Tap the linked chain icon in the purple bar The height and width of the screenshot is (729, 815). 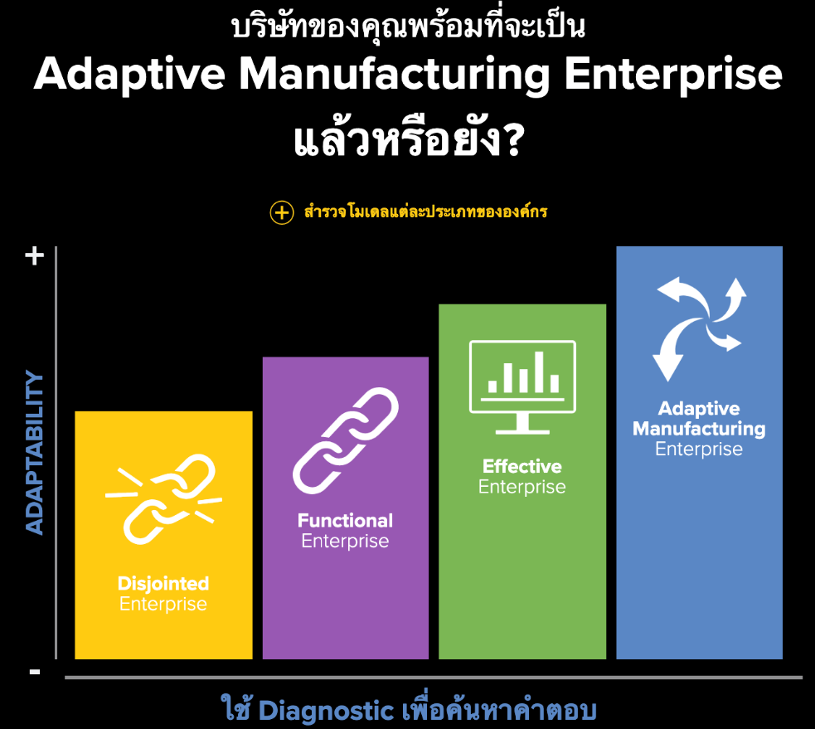click(x=346, y=440)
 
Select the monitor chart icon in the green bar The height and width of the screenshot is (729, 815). click(x=522, y=386)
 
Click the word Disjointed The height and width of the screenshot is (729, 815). click(x=163, y=584)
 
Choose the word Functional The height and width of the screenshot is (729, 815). click(x=345, y=521)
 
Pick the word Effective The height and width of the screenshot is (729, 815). click(x=522, y=466)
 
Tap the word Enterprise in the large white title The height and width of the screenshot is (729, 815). click(x=673, y=75)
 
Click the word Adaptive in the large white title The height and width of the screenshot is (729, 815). click(x=129, y=75)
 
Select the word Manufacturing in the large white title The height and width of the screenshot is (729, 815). click(x=394, y=75)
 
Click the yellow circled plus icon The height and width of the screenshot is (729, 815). click(x=282, y=212)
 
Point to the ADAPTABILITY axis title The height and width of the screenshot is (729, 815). click(x=34, y=452)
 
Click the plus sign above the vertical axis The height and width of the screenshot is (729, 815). click(x=35, y=255)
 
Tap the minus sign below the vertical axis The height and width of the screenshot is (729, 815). click(x=35, y=673)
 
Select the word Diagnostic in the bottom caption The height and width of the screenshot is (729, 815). click(x=326, y=711)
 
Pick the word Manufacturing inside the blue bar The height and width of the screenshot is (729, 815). click(x=699, y=429)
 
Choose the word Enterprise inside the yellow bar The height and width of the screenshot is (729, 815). click(x=163, y=605)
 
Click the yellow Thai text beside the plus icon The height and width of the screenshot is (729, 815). click(x=425, y=212)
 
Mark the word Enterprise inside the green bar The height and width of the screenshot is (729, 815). click(x=522, y=487)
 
